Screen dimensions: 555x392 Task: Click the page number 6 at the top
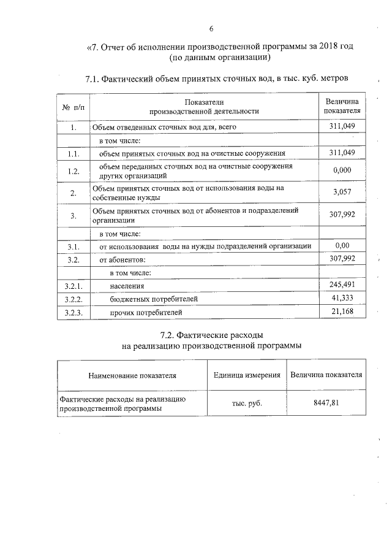click(211, 29)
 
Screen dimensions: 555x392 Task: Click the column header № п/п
click(72, 107)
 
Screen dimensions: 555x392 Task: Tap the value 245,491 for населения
click(342, 285)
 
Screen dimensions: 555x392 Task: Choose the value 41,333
click(342, 298)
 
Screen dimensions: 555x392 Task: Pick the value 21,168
click(342, 312)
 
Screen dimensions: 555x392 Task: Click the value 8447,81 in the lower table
click(326, 403)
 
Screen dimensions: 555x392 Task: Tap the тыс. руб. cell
click(247, 404)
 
